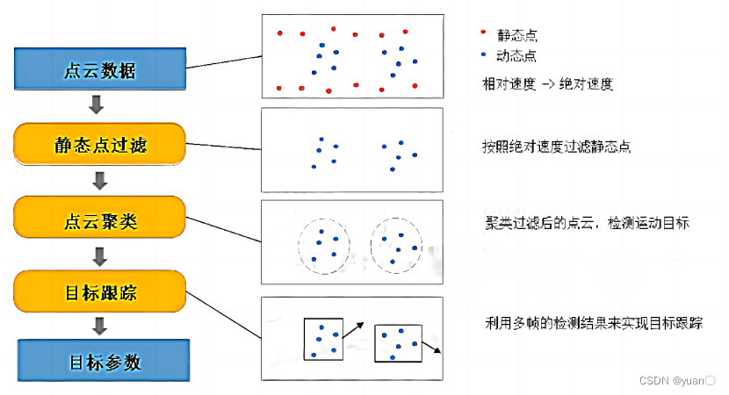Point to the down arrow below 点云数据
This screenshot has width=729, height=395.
[x=98, y=106]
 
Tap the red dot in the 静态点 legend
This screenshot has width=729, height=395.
[x=483, y=32]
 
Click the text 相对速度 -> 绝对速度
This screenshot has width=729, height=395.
[x=541, y=84]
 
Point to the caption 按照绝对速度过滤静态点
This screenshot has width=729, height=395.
[x=556, y=147]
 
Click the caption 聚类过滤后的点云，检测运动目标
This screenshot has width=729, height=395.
[x=587, y=223]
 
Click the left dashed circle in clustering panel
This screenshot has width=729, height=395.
[x=323, y=245]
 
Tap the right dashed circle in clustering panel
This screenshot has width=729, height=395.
[x=396, y=246]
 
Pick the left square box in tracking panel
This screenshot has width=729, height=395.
[x=322, y=338]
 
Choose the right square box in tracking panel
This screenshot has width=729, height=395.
[x=398, y=342]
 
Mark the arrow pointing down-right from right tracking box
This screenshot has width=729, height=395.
[x=432, y=348]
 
